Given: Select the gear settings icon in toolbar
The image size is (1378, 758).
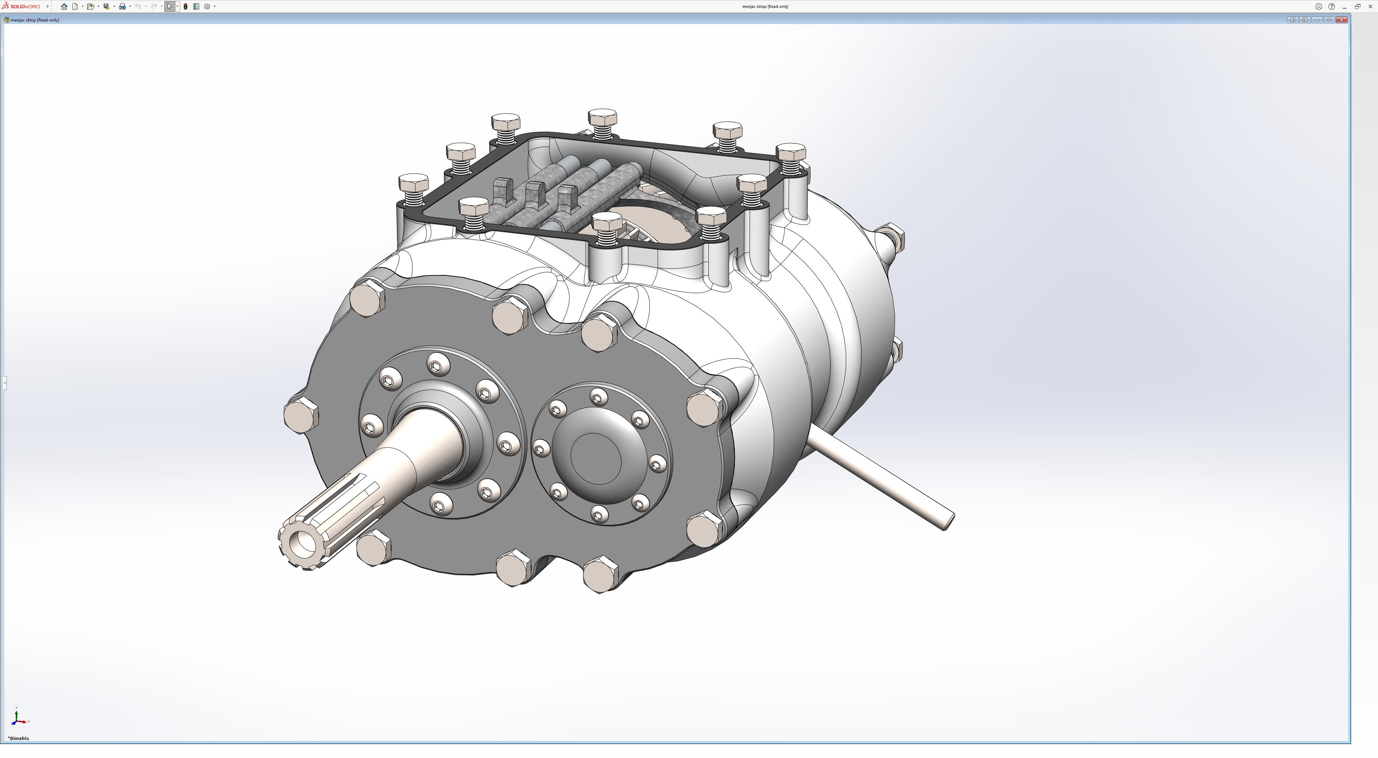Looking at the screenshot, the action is click(207, 6).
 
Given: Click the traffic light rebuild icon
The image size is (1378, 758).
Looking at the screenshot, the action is click(185, 6).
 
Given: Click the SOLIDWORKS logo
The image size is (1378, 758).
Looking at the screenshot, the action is click(22, 6).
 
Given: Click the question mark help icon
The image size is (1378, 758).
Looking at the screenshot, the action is click(1331, 6).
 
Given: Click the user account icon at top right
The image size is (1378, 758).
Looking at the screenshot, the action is click(1319, 6).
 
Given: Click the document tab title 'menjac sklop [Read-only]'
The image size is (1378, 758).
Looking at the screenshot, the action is click(35, 20).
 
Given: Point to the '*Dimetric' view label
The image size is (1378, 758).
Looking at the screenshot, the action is click(19, 738).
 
